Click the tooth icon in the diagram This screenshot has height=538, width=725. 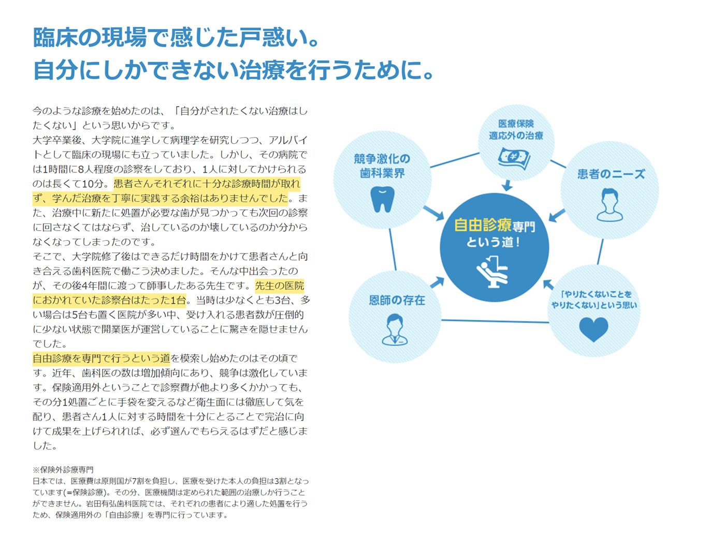pyautogui.click(x=382, y=199)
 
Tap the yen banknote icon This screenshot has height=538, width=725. pyautogui.click(x=514, y=158)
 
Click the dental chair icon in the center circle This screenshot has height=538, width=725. pyautogui.click(x=492, y=271)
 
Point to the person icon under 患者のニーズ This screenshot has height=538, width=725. pyautogui.click(x=610, y=205)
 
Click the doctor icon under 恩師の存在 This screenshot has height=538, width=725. pyautogui.click(x=395, y=330)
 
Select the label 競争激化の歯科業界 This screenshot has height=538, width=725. pyautogui.click(x=382, y=166)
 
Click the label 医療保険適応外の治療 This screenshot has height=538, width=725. pyautogui.click(x=516, y=130)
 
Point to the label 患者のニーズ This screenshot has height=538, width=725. pyautogui.click(x=611, y=174)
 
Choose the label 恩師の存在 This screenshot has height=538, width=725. pyautogui.click(x=397, y=300)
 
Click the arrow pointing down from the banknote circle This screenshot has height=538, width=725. pyautogui.click(x=507, y=185)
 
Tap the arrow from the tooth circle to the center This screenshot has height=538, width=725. pyautogui.click(x=433, y=213)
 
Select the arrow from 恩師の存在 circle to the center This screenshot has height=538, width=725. pyautogui.click(x=438, y=282)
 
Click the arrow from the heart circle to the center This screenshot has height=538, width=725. pyautogui.click(x=548, y=285)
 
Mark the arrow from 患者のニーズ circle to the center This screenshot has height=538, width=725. pyautogui.click(x=557, y=215)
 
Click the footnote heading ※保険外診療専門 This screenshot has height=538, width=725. pyautogui.click(x=63, y=470)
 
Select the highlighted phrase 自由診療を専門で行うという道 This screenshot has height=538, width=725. pyautogui.click(x=102, y=358)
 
